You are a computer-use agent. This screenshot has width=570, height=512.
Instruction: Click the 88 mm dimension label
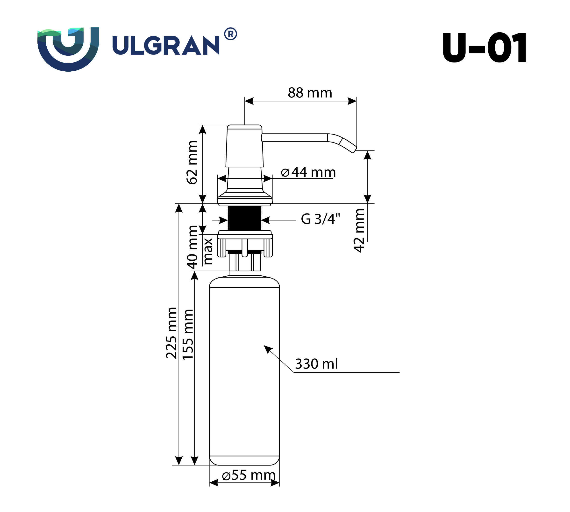[310, 93]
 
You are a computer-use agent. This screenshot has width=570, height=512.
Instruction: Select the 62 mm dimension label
[192, 162]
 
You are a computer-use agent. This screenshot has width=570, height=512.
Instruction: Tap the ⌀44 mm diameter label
[308, 172]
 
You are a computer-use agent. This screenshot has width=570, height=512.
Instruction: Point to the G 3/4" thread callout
[320, 219]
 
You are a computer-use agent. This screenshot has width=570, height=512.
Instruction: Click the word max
[208, 251]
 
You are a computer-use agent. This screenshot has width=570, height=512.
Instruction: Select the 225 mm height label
[171, 333]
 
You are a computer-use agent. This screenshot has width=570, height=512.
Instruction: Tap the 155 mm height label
[188, 334]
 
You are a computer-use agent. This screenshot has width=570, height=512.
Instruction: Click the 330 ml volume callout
[316, 364]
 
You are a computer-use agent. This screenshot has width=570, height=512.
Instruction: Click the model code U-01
[484, 48]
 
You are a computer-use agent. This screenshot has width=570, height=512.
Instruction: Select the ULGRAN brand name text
[166, 45]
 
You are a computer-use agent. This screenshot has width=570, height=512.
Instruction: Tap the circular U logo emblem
[68, 48]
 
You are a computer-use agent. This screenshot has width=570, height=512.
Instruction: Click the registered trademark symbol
[230, 34]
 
